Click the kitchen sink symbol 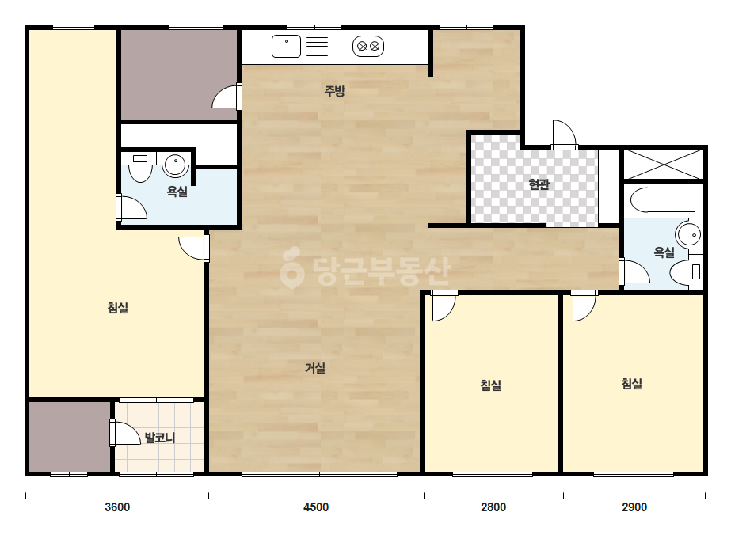(x=286, y=47)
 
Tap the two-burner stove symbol (x=368, y=47)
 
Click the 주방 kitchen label (x=335, y=90)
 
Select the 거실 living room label (x=315, y=368)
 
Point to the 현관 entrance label (x=539, y=184)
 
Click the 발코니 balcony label (x=160, y=438)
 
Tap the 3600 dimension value (x=117, y=507)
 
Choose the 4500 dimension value (x=316, y=507)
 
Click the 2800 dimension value (x=493, y=507)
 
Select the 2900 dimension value (x=634, y=507)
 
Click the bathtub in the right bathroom (x=663, y=200)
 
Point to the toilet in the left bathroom (x=140, y=167)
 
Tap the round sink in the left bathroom (x=175, y=164)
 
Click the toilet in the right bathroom (x=686, y=271)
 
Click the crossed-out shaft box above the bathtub (x=664, y=164)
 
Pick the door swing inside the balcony (x=125, y=433)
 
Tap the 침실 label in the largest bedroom (x=118, y=308)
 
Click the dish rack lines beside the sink (x=317, y=47)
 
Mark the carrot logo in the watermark (x=291, y=267)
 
